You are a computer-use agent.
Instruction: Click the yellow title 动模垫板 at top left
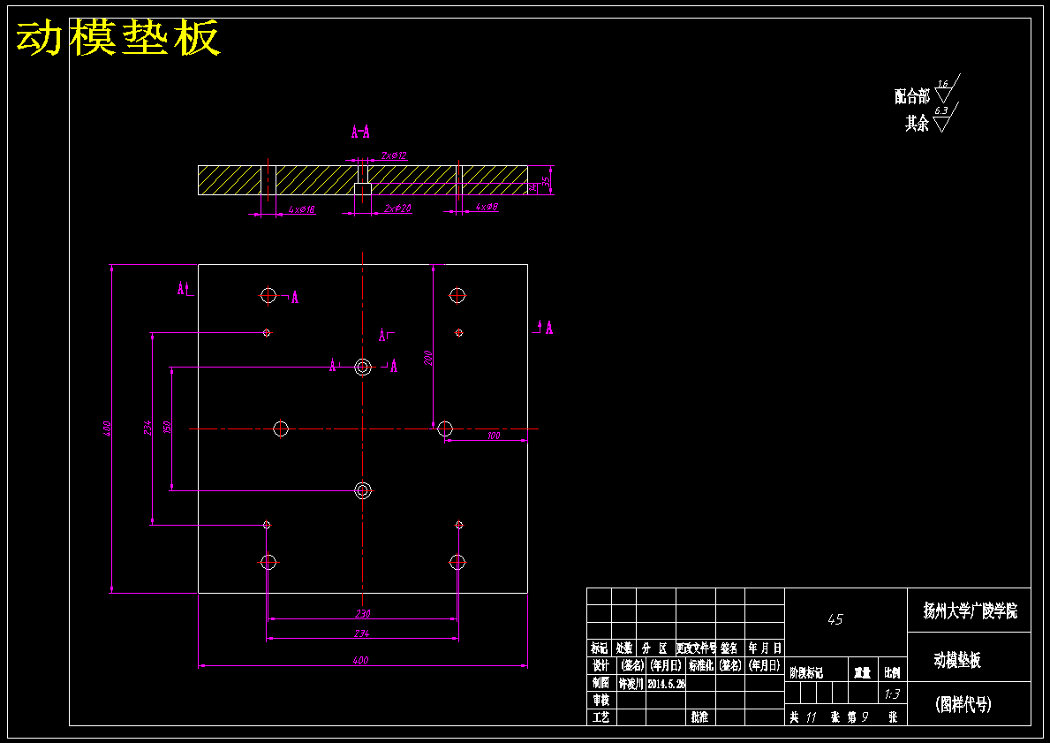pos(117,38)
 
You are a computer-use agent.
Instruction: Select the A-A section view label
pos(360,133)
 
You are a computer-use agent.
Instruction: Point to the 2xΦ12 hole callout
pos(394,155)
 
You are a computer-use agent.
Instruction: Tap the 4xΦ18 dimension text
pos(302,209)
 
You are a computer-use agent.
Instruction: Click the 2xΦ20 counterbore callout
pos(398,208)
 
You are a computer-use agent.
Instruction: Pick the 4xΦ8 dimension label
pos(487,207)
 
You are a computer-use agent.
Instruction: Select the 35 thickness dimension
pos(546,181)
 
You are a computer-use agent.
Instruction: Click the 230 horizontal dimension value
pos(362,613)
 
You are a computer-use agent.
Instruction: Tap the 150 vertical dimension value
pos(168,428)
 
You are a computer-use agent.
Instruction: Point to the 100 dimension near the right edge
pos(493,436)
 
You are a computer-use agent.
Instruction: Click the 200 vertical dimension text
pos(427,358)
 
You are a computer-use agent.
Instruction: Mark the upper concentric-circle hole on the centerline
pos(362,367)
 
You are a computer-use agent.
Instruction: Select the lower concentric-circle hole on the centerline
pos(362,489)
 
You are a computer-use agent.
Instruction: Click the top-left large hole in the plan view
pos(268,295)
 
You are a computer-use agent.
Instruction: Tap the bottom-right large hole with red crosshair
pos(457,561)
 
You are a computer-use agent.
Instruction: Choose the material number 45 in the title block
pos(835,620)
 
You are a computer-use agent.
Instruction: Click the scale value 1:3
pos(892,694)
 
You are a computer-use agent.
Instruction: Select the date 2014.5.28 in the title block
pos(667,684)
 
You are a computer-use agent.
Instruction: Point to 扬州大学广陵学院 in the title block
pos(970,610)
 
